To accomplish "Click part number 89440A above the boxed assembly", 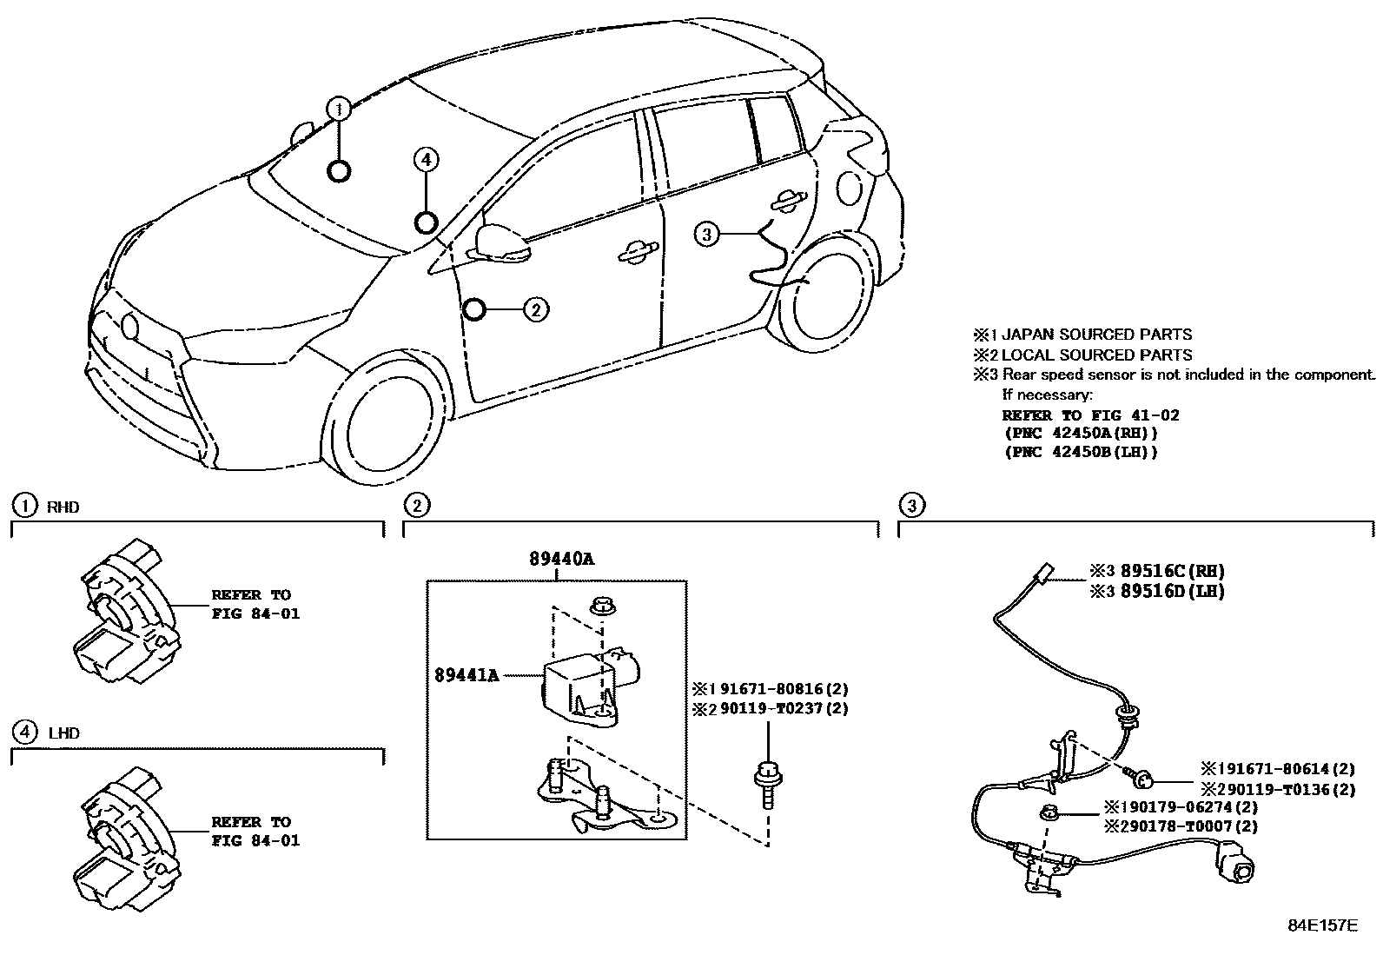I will [x=561, y=560].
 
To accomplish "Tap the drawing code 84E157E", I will [x=1321, y=925].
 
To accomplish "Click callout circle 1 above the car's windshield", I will [x=339, y=109].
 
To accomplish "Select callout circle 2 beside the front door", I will [x=536, y=309].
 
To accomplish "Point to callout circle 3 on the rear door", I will [x=707, y=233].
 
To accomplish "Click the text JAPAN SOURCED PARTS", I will [x=1096, y=335].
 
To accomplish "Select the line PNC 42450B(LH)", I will [x=1081, y=453].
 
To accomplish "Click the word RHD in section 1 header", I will [x=63, y=507].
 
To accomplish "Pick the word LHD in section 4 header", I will [x=63, y=733].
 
